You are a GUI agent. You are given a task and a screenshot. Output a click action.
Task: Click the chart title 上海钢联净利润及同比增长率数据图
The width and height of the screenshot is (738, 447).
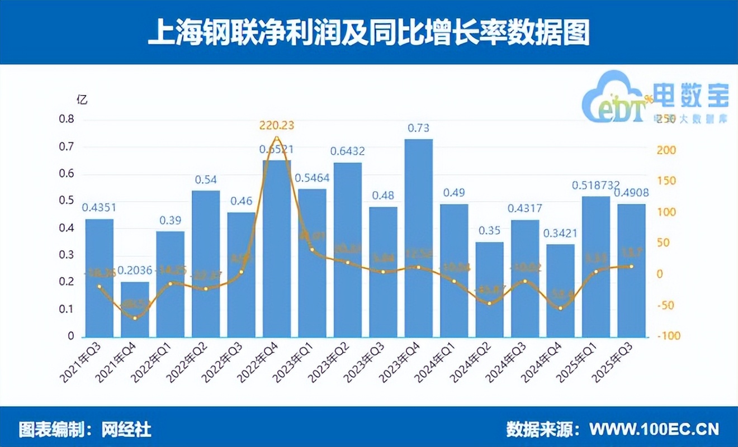(369, 32)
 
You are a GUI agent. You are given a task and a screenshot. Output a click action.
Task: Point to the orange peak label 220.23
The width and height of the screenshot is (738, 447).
(276, 126)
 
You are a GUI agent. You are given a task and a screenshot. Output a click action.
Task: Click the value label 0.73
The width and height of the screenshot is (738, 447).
(418, 129)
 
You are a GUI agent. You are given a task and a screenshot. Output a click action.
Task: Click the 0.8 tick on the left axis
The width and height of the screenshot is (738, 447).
(67, 120)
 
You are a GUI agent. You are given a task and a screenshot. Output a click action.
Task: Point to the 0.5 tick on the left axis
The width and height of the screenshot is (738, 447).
(67, 201)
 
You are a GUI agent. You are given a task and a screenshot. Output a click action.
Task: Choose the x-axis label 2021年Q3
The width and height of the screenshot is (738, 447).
(83, 363)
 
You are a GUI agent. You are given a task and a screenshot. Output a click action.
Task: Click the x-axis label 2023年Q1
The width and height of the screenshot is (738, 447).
(296, 363)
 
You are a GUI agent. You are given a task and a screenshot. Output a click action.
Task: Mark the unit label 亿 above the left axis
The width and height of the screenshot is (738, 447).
(82, 101)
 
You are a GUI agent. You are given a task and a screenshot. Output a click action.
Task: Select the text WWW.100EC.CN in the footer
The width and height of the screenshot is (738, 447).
(655, 429)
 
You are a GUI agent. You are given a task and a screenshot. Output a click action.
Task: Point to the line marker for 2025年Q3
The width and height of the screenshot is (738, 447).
(631, 267)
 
